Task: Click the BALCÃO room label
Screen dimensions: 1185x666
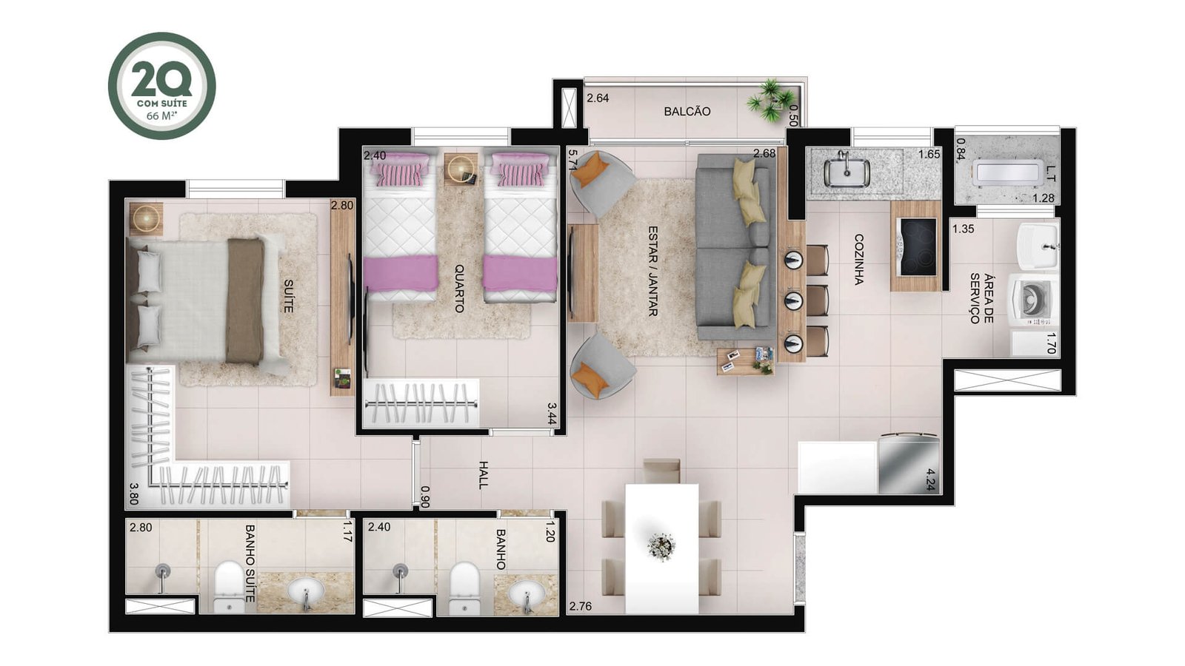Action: (687, 112)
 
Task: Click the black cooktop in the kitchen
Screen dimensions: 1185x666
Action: (918, 247)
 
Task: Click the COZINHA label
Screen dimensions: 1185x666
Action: (858, 260)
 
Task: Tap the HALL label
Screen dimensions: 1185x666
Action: (483, 474)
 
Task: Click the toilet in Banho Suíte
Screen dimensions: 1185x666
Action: (229, 588)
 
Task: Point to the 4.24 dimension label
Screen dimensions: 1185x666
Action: (932, 480)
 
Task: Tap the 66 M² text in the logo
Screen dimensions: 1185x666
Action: (161, 115)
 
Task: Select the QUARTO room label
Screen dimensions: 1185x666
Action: (459, 289)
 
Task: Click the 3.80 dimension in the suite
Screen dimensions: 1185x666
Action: (134, 494)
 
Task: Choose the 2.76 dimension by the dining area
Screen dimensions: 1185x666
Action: (581, 606)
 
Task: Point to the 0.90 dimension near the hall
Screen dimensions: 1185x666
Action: (424, 497)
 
